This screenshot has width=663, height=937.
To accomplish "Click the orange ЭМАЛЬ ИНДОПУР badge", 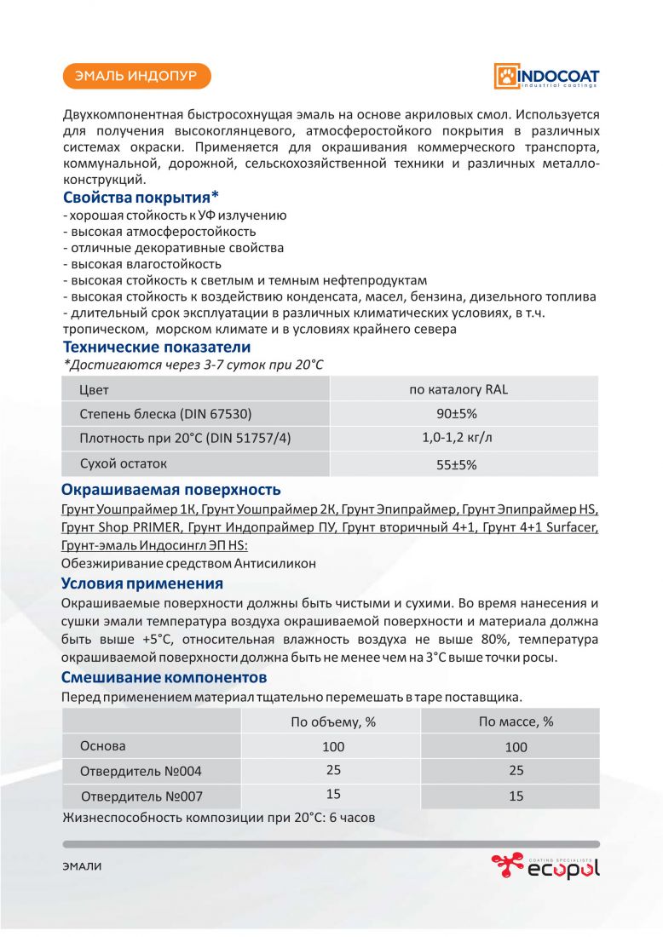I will (136, 77).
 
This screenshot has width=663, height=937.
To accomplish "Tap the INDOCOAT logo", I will (545, 76).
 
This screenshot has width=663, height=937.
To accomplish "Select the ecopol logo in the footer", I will (545, 866).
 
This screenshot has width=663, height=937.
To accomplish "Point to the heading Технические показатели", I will (157, 347).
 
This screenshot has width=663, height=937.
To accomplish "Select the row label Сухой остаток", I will (123, 463).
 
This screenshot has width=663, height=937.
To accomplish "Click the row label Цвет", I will (94, 389).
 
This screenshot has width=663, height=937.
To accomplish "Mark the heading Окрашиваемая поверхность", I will (171, 490).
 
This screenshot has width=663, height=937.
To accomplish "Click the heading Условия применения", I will (142, 583).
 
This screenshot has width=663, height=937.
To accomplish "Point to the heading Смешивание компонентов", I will (164, 677).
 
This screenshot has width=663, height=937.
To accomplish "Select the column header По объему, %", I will (333, 721).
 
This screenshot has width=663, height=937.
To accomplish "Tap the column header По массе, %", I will (516, 721).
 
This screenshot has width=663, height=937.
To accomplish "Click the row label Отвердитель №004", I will (141, 771).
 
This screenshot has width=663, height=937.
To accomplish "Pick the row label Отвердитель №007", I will (141, 796).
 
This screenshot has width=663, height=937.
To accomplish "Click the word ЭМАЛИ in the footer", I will (82, 866).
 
